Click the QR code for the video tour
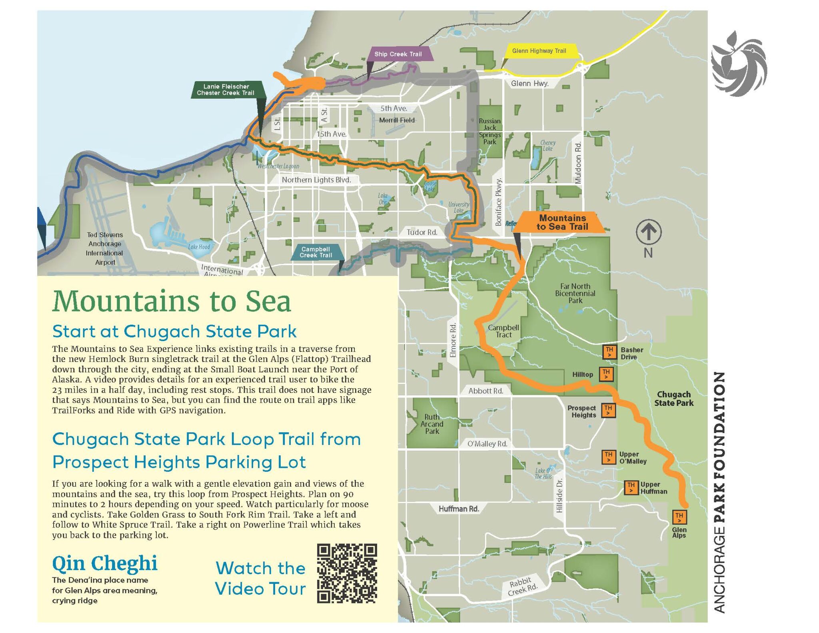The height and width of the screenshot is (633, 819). (347, 573)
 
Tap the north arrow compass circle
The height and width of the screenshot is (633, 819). (648, 232)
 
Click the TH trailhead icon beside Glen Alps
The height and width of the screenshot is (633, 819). (679, 517)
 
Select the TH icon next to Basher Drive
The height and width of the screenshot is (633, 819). (609, 352)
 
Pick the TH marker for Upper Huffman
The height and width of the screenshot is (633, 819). (631, 487)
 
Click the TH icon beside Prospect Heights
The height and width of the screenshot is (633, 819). (608, 410)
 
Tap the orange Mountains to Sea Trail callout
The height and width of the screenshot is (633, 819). (562, 222)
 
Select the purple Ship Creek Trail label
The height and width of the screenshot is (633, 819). (398, 54)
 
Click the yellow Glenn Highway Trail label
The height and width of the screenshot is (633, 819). (539, 51)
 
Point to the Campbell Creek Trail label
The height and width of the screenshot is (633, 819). (316, 252)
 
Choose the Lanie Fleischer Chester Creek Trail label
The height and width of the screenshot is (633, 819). (226, 90)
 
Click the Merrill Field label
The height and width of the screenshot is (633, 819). (397, 120)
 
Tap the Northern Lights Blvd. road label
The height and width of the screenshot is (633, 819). (316, 180)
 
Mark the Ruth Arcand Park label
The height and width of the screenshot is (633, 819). (432, 424)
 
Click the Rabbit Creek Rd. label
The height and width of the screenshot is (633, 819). (522, 586)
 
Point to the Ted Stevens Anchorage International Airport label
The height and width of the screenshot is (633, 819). (105, 248)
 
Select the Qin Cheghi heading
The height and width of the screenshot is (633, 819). (105, 563)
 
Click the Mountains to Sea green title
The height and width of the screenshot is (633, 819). (172, 301)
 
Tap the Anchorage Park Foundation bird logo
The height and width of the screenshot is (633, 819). (739, 64)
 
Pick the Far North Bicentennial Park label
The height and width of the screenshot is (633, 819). (575, 293)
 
